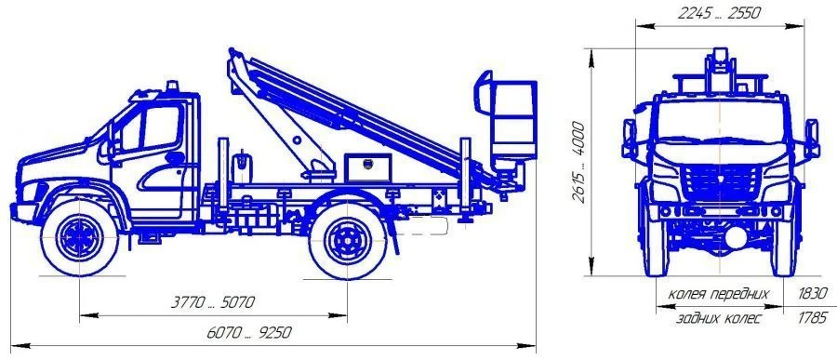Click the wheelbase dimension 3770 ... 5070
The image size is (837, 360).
coord(212,302)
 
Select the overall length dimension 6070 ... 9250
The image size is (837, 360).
coord(249,333)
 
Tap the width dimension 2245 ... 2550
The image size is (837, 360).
coord(719,13)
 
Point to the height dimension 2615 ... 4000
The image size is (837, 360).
coord(578,162)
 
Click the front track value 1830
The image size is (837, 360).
coord(813,294)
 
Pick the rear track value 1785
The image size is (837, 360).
coord(813,319)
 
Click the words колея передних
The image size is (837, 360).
coord(719,294)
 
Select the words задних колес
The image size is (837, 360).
coord(719,319)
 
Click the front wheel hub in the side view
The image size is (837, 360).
coord(80,237)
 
